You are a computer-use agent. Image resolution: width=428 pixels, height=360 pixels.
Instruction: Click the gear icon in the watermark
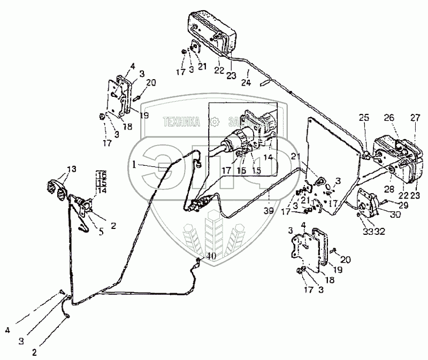[214, 122]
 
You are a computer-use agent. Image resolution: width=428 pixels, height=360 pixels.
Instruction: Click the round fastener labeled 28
[392, 170]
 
